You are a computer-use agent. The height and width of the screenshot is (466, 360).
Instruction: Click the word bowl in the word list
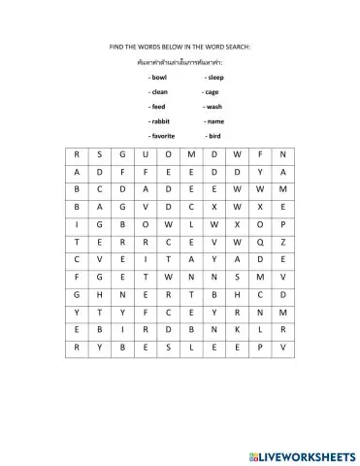click(159, 76)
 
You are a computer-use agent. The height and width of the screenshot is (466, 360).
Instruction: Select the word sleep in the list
click(214, 76)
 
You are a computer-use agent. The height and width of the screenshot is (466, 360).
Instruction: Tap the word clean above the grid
click(159, 91)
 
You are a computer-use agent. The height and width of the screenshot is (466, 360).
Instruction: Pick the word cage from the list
click(212, 91)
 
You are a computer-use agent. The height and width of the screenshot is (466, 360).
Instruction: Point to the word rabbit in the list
click(160, 121)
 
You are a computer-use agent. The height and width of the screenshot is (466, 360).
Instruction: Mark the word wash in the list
click(213, 106)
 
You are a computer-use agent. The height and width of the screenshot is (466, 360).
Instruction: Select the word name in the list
click(214, 121)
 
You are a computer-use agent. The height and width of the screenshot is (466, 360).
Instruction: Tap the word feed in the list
click(158, 106)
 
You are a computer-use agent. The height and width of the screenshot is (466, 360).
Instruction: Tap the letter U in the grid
click(145, 154)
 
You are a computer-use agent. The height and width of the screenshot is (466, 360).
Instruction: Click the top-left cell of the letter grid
click(75, 154)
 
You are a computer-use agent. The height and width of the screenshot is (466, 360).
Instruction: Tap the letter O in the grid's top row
click(168, 154)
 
